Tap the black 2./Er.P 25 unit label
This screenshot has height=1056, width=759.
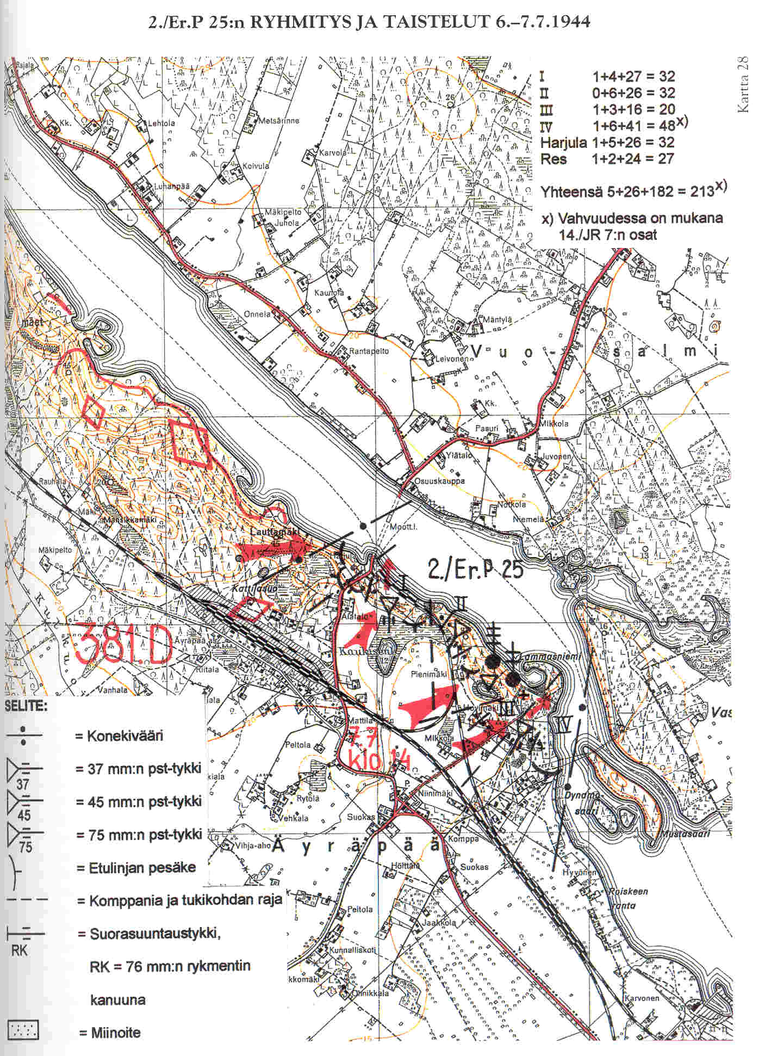click(475, 569)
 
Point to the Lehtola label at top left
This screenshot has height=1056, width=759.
click(161, 123)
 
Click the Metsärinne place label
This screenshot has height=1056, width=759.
click(278, 120)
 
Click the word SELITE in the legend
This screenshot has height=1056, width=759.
click(26, 707)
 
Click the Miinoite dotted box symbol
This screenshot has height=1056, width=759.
click(23, 1031)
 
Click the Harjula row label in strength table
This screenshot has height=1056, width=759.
click(563, 143)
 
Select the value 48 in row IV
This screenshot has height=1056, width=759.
click(667, 126)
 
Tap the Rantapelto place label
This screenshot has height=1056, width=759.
click(369, 351)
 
